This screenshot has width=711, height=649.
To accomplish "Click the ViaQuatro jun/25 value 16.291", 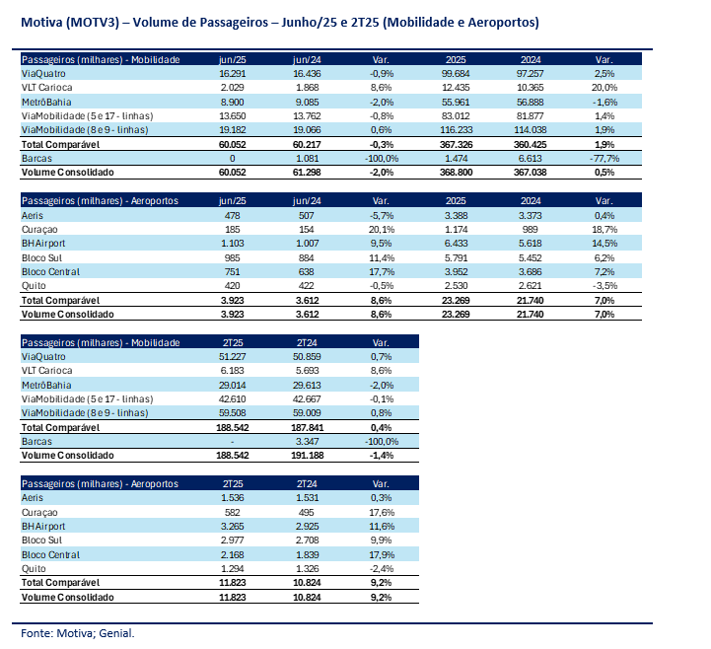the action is (232, 73).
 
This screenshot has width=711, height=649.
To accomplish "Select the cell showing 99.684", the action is (456, 73).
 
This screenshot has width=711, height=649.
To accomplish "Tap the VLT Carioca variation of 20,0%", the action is (604, 88).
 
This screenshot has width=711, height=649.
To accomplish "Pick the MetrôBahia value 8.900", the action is (232, 102).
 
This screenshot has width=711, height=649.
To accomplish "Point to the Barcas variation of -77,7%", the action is (604, 158).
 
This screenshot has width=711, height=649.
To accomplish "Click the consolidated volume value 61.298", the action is (307, 173).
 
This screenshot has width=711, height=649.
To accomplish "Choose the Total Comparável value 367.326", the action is (456, 145).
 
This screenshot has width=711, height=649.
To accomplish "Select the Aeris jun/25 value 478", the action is (232, 215).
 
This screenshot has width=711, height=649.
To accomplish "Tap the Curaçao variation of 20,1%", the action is (382, 230).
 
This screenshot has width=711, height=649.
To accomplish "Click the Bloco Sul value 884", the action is (307, 258).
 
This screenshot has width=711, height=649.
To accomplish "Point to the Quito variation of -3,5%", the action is (604, 286).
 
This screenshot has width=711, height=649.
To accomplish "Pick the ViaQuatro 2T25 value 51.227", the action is (232, 356).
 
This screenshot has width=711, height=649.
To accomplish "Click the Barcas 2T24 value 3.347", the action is (307, 441).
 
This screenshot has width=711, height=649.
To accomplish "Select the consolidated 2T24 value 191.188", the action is (307, 456).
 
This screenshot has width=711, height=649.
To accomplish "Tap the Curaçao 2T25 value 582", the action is (232, 513).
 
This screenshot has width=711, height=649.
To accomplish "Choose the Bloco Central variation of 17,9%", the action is (382, 555).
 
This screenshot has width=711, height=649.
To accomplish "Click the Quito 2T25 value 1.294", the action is (232, 569).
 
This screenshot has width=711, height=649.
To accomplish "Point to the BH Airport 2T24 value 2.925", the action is (307, 527).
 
